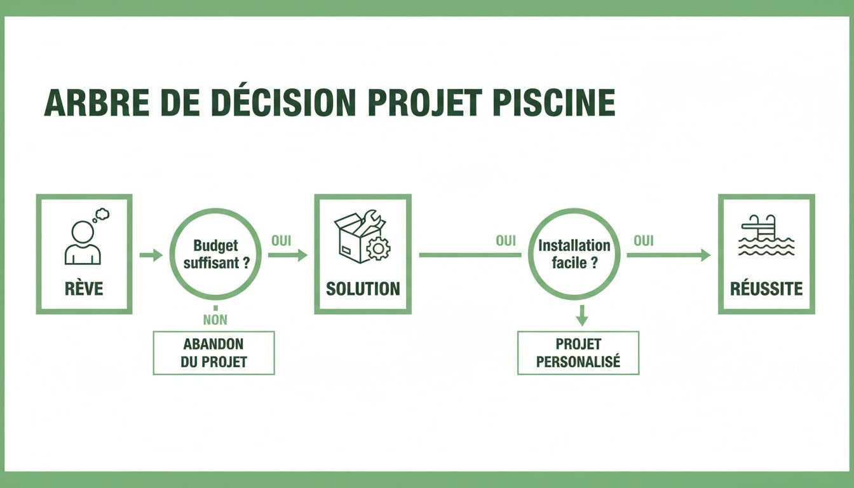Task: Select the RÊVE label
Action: (x=83, y=289)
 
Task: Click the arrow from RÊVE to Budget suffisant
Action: (x=151, y=255)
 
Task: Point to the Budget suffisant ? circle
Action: (x=216, y=254)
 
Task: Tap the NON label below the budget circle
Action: (x=215, y=320)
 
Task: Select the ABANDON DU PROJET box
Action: (x=214, y=353)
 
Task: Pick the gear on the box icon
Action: (x=379, y=248)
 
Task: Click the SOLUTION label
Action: (x=363, y=289)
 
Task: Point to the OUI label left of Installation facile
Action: (x=506, y=241)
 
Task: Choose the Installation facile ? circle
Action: (x=574, y=254)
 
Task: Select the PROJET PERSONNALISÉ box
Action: (x=578, y=353)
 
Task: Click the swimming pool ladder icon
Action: (x=766, y=236)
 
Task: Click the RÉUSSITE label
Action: (x=766, y=289)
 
